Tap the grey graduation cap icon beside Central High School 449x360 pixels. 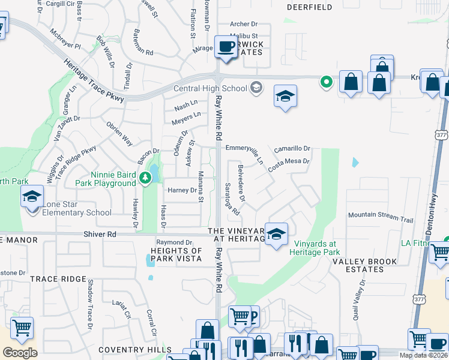click(256, 88)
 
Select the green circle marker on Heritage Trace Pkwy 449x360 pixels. click(326, 81)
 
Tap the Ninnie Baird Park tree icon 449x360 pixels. click(145, 177)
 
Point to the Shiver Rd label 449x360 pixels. click(117, 235)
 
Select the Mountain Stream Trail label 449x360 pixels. click(381, 214)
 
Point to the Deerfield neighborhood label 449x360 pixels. click(309, 7)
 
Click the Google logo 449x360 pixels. click(20, 352)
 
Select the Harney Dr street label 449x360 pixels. click(182, 190)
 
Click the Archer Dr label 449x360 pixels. click(243, 24)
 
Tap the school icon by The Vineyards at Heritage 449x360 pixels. click(276, 233)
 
